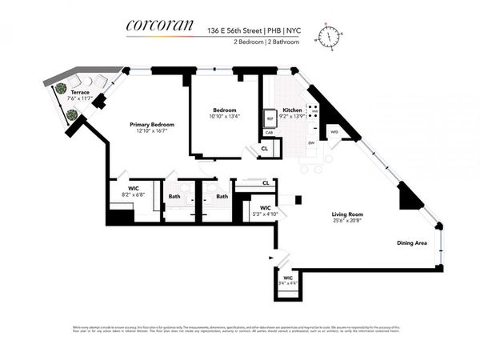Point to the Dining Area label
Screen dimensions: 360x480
[412, 242]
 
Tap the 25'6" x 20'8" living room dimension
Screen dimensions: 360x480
[348, 221]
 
